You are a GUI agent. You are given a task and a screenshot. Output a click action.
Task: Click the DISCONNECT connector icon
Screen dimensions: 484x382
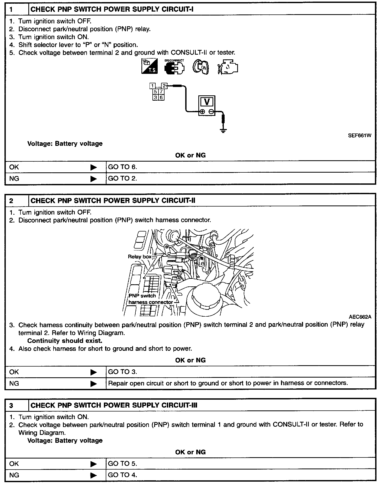coord(174,67)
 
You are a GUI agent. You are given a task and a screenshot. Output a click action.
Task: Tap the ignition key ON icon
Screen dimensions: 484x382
coord(201,67)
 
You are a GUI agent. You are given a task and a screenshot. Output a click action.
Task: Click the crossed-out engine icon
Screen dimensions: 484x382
coord(228,67)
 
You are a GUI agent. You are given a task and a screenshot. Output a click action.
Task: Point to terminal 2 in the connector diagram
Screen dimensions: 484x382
coord(164,86)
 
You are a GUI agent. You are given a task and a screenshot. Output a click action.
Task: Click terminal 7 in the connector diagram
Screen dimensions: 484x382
coord(161,92)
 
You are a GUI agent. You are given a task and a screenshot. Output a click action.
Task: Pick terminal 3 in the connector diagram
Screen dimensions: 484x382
coord(155,97)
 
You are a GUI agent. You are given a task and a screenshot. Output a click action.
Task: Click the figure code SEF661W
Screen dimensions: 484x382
coord(360,136)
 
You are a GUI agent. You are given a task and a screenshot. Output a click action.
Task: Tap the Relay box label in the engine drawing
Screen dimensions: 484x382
coord(140,256)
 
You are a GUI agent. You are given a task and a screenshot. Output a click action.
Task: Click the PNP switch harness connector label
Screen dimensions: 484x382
coord(150,299)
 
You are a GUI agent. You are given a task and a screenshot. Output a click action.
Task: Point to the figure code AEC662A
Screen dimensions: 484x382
coord(360,317)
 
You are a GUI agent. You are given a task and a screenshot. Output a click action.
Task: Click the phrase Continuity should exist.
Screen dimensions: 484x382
coord(65,341)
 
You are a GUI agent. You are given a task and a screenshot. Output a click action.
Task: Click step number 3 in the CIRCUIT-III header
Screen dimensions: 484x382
coord(11,406)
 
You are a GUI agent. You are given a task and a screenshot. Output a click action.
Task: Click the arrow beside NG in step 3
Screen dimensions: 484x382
coord(93,475)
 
